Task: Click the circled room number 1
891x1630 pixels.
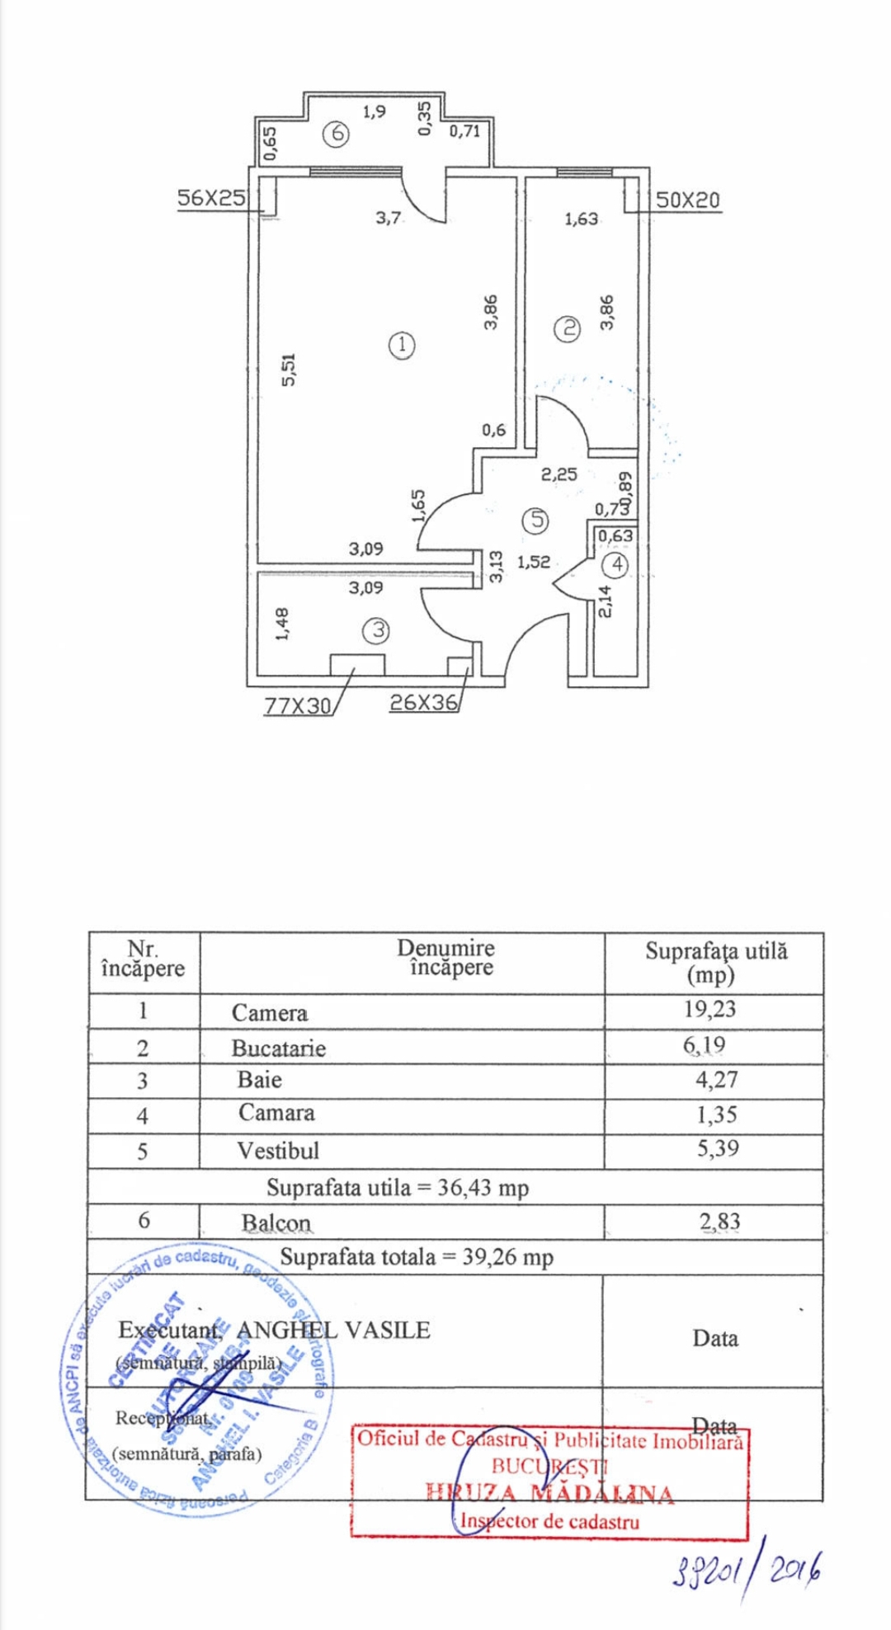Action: point(402,345)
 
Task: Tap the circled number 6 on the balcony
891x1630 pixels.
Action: point(336,134)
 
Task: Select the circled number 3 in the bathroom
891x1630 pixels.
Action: point(376,631)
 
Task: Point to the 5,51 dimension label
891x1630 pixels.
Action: point(287,369)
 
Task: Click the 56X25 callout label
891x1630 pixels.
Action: point(211,198)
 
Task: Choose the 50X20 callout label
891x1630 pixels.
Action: point(687,200)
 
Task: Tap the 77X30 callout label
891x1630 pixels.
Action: point(297,705)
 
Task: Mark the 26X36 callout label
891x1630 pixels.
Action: point(423,702)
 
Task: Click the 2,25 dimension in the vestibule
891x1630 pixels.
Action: point(559,474)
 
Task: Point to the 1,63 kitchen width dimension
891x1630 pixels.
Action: point(581,219)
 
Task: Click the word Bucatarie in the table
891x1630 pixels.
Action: point(278,1048)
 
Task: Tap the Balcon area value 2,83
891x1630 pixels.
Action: point(719,1222)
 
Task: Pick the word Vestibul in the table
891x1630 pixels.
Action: point(277,1151)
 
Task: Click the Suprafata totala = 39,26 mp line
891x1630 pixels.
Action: point(417,1257)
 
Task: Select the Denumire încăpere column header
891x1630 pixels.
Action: point(445,958)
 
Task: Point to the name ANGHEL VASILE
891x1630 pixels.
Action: point(333,1330)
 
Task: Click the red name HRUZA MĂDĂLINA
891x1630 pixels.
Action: point(549,1492)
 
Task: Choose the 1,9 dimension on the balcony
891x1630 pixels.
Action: point(374,111)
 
